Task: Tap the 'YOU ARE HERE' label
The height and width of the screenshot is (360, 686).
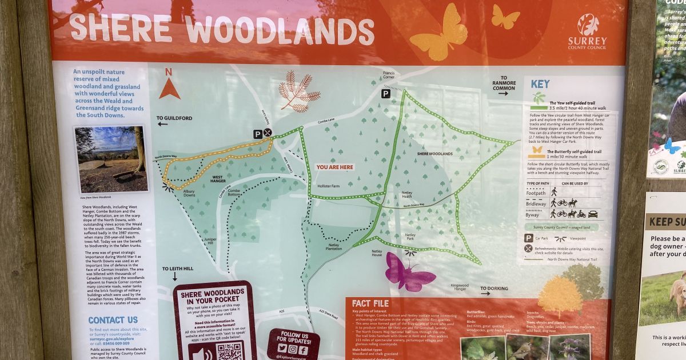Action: pyautogui.click(x=334, y=167)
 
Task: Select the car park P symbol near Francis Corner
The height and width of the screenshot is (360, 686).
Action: pyautogui.click(x=386, y=93)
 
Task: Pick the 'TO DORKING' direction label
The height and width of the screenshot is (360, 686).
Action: pyautogui.click(x=494, y=289)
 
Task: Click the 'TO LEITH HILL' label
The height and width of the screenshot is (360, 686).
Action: pyautogui.click(x=178, y=269)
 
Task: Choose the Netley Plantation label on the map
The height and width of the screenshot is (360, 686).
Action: pyautogui.click(x=334, y=247)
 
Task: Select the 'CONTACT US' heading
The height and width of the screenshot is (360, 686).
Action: pyautogui.click(x=113, y=320)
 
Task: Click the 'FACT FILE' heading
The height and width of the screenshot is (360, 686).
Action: pyautogui.click(x=370, y=303)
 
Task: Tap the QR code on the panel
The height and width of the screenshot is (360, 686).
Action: pyautogui.click(x=229, y=351)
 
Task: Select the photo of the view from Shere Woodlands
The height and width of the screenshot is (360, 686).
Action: pyautogui.click(x=110, y=159)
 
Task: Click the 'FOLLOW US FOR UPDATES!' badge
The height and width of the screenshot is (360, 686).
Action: pyautogui.click(x=293, y=343)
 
